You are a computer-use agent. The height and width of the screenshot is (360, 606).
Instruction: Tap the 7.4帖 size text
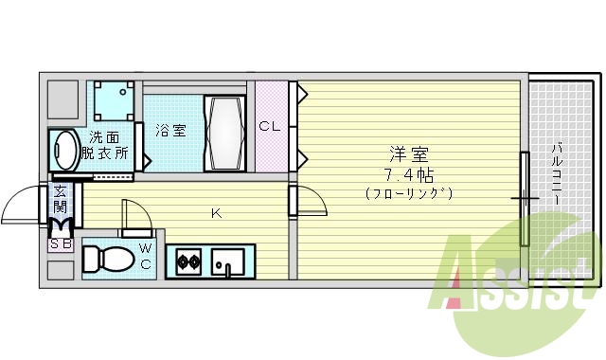[409, 174]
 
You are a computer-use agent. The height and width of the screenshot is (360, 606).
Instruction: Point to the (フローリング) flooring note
[409, 193]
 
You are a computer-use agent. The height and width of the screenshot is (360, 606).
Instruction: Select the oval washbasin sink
[66, 150]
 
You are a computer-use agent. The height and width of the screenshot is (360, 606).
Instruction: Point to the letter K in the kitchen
[216, 213]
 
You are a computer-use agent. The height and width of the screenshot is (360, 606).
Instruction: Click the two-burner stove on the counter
[186, 261]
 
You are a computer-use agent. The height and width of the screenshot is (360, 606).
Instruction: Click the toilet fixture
[108, 259]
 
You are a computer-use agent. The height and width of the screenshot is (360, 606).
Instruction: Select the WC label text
[146, 256]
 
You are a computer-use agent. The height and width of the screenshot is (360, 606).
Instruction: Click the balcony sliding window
[523, 198]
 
